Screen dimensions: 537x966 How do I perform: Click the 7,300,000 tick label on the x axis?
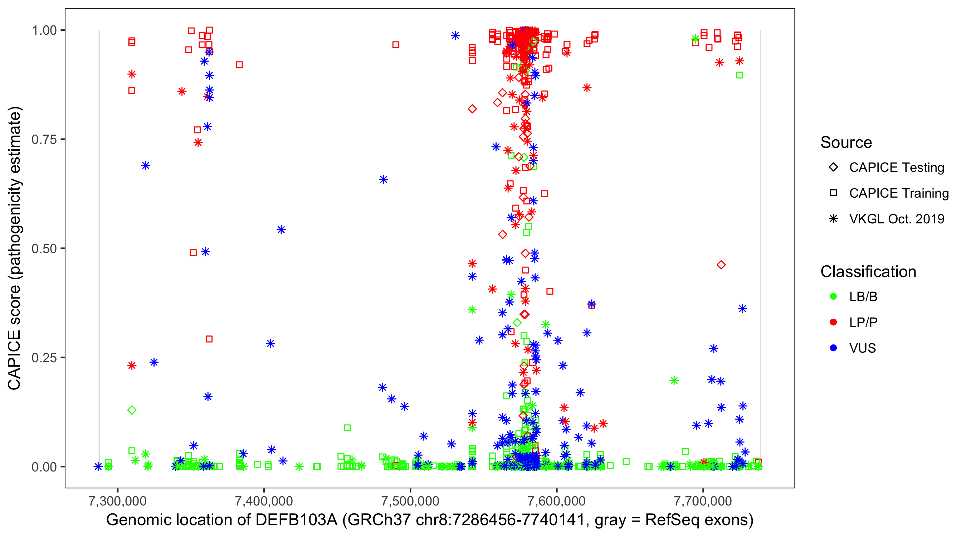coord(117,501)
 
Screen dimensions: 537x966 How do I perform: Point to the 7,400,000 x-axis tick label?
coord(264,501)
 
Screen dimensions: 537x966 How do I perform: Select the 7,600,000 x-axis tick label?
coord(556,501)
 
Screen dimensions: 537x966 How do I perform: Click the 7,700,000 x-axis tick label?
coord(703,501)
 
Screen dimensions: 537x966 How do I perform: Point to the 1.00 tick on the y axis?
coord(44,30)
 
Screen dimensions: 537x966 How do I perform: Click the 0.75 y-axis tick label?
coord(44,140)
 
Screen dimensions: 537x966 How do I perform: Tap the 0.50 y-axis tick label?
coord(44,249)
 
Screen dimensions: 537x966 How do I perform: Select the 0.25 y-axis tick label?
coord(44,358)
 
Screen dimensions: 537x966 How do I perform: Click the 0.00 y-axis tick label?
coord(44,467)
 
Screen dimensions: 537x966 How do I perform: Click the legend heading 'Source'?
coord(846,142)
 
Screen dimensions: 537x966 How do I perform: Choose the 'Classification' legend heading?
coord(868,272)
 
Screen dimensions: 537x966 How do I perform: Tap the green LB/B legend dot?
coord(833,296)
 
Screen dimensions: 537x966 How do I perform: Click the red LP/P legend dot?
coord(833,322)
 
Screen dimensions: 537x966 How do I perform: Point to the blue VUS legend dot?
coord(833,348)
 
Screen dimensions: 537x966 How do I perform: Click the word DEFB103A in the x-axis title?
coord(296,520)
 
